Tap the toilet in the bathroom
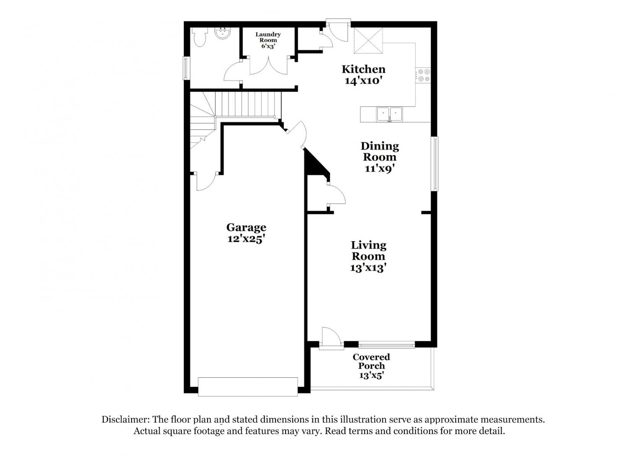tap(199, 37)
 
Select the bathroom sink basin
tap(223, 34)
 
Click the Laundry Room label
tap(268, 40)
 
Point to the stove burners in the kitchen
tap(423, 75)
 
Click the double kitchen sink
tap(389, 114)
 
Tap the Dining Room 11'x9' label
tap(380, 157)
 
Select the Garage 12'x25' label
tap(246, 233)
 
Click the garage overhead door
tap(248, 387)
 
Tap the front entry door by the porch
tap(331, 338)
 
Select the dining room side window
tap(435, 164)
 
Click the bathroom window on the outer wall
tap(186, 68)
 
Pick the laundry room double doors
tap(268, 65)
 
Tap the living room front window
tap(387, 345)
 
